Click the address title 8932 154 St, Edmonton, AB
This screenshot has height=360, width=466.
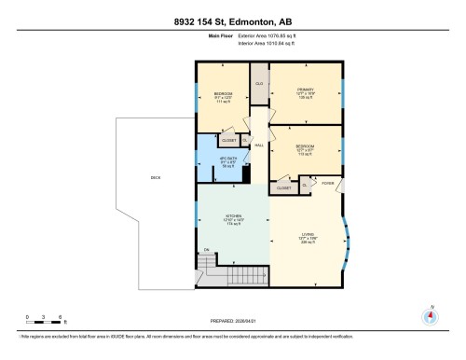tap(233, 21)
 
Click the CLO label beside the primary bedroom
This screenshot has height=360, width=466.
tap(260, 84)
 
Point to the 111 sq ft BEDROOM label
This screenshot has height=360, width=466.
tap(223, 96)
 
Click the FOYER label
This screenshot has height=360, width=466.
tap(327, 184)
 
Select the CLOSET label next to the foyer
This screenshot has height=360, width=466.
tap(283, 187)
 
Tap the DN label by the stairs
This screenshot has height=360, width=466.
tap(207, 249)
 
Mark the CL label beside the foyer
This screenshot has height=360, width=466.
tap(306, 185)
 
